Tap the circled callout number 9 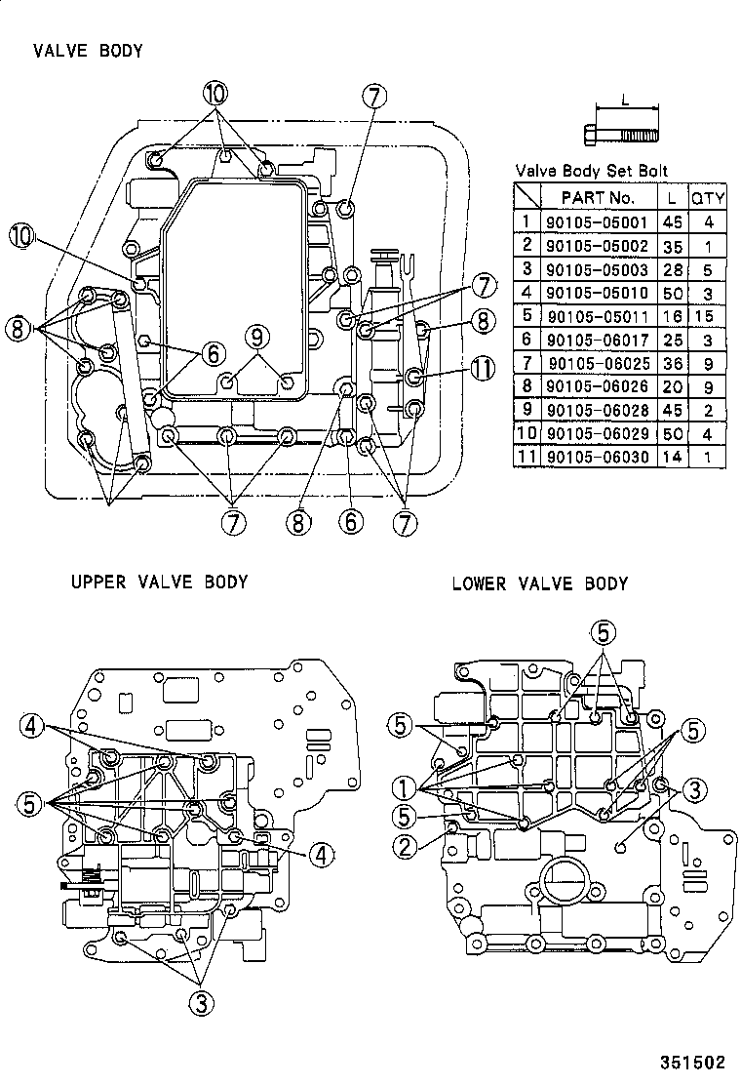click(x=255, y=337)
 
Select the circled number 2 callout click(x=405, y=845)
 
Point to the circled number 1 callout click(x=403, y=786)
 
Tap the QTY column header click(x=708, y=197)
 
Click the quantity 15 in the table click(x=708, y=316)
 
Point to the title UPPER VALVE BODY click(x=159, y=583)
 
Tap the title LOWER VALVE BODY click(x=539, y=584)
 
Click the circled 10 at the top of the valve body click(x=215, y=94)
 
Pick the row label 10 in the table click(x=526, y=433)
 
